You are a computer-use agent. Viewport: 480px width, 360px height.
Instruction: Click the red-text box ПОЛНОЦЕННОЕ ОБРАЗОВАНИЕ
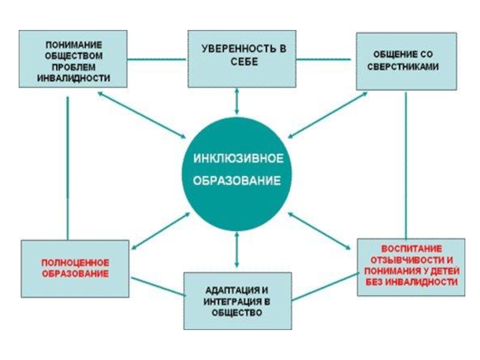75,268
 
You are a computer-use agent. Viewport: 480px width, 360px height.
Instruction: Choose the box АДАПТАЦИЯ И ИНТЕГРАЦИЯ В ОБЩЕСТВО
238,301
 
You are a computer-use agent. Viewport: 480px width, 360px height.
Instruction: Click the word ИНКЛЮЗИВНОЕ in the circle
238,160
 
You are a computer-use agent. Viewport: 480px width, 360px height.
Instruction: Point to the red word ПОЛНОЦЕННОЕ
74,263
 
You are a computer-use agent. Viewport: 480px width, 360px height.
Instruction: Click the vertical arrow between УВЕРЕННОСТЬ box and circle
238,100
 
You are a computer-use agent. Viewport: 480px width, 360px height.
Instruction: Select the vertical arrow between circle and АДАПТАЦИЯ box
238,248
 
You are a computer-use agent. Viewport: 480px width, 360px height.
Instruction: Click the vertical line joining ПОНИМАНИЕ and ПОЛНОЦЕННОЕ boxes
68,168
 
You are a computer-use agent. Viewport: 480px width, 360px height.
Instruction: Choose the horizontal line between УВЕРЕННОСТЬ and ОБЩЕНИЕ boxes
324,59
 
